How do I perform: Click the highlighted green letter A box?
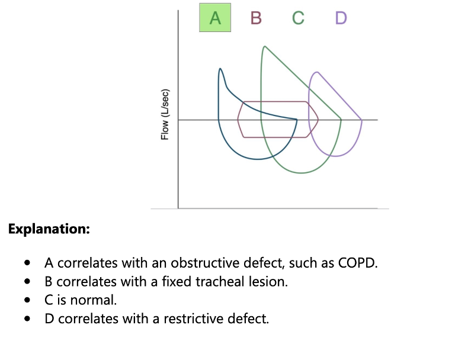point(215,18)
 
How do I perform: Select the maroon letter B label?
point(256,18)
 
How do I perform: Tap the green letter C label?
point(298,18)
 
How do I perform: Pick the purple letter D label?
point(341,18)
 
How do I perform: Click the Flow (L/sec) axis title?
point(165,115)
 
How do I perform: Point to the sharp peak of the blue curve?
point(220,69)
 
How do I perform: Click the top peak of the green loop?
point(264,47)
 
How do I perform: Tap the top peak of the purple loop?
point(317,72)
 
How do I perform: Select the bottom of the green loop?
point(302,173)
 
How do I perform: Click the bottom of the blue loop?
point(257,159)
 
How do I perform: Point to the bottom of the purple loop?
point(335,156)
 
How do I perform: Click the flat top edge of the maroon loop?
point(275,102)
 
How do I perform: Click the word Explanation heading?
point(49,229)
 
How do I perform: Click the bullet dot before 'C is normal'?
point(27,300)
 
